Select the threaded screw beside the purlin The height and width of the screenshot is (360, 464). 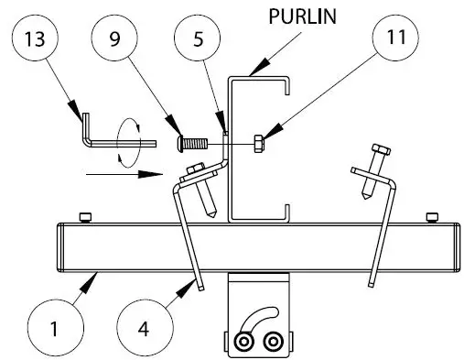coord(194,143)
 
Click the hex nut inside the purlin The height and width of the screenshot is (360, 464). coord(259,143)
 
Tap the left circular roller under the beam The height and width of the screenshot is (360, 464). coord(244,343)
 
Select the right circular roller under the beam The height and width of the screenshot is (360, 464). coord(272,343)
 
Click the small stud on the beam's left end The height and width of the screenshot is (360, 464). coord(85,216)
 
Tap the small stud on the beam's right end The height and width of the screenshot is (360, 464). coord(429,216)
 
